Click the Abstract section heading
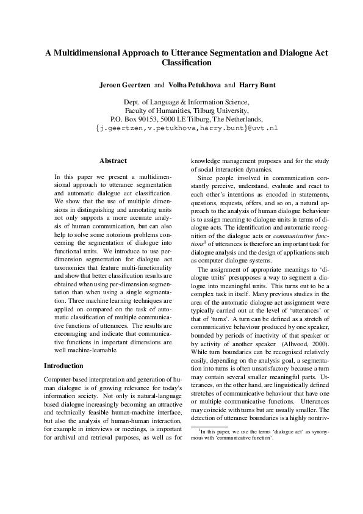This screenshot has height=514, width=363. (113, 161)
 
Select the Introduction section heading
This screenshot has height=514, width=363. (64, 366)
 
